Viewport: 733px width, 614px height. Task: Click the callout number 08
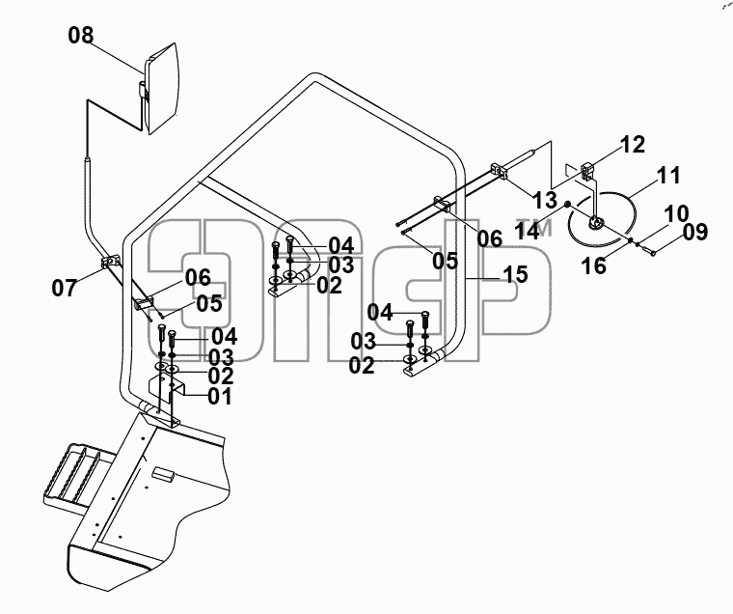[x=81, y=35]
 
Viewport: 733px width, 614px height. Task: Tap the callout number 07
[x=64, y=288]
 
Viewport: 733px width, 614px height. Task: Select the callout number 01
[x=220, y=397]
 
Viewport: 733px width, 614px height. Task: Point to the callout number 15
[x=516, y=274]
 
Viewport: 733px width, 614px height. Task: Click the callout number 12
[x=633, y=144]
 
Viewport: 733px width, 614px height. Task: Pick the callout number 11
[x=668, y=176]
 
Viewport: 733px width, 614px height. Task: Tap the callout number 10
[x=676, y=213]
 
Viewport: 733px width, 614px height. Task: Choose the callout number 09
[x=695, y=232]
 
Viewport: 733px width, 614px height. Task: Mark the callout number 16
[x=594, y=265]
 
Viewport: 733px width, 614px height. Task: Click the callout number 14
[x=528, y=231]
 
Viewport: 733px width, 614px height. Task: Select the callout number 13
[x=545, y=200]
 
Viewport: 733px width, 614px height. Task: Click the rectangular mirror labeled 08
[x=162, y=88]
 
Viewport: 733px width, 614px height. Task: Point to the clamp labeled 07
[x=110, y=261]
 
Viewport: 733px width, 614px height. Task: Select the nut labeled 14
[x=567, y=204]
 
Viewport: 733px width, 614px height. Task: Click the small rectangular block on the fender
[x=163, y=473]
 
